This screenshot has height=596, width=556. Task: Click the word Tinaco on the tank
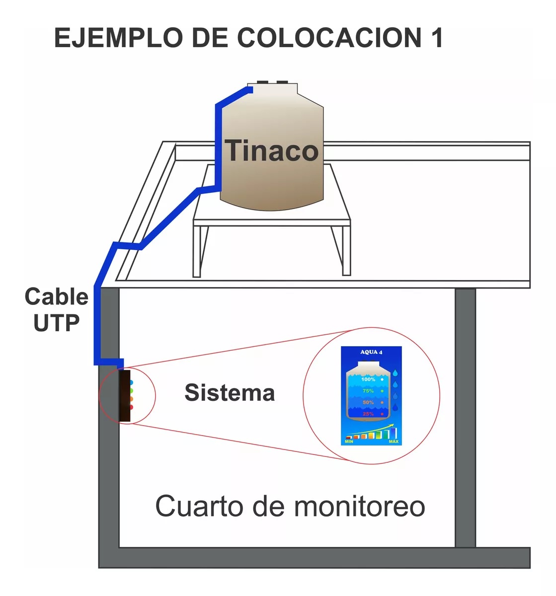(x=272, y=150)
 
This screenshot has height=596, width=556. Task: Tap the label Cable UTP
(x=56, y=309)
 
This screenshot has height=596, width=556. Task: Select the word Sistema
(x=230, y=393)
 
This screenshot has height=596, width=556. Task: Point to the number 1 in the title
(x=436, y=38)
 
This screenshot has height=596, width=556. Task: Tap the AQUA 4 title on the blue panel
(x=371, y=352)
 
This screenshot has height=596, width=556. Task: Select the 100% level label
(x=368, y=379)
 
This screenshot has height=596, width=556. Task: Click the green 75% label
(x=368, y=391)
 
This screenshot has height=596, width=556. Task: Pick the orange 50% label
(x=368, y=402)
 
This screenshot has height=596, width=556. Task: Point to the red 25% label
(x=368, y=414)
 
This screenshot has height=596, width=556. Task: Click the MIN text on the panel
(x=349, y=442)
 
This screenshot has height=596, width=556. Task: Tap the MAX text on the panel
(x=394, y=442)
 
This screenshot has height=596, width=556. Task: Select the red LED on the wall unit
(x=131, y=407)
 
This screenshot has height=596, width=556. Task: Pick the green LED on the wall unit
(x=131, y=391)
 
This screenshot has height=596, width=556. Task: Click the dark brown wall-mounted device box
(x=124, y=396)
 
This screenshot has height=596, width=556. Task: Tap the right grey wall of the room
(x=465, y=417)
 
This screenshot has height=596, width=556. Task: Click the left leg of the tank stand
(x=197, y=251)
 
